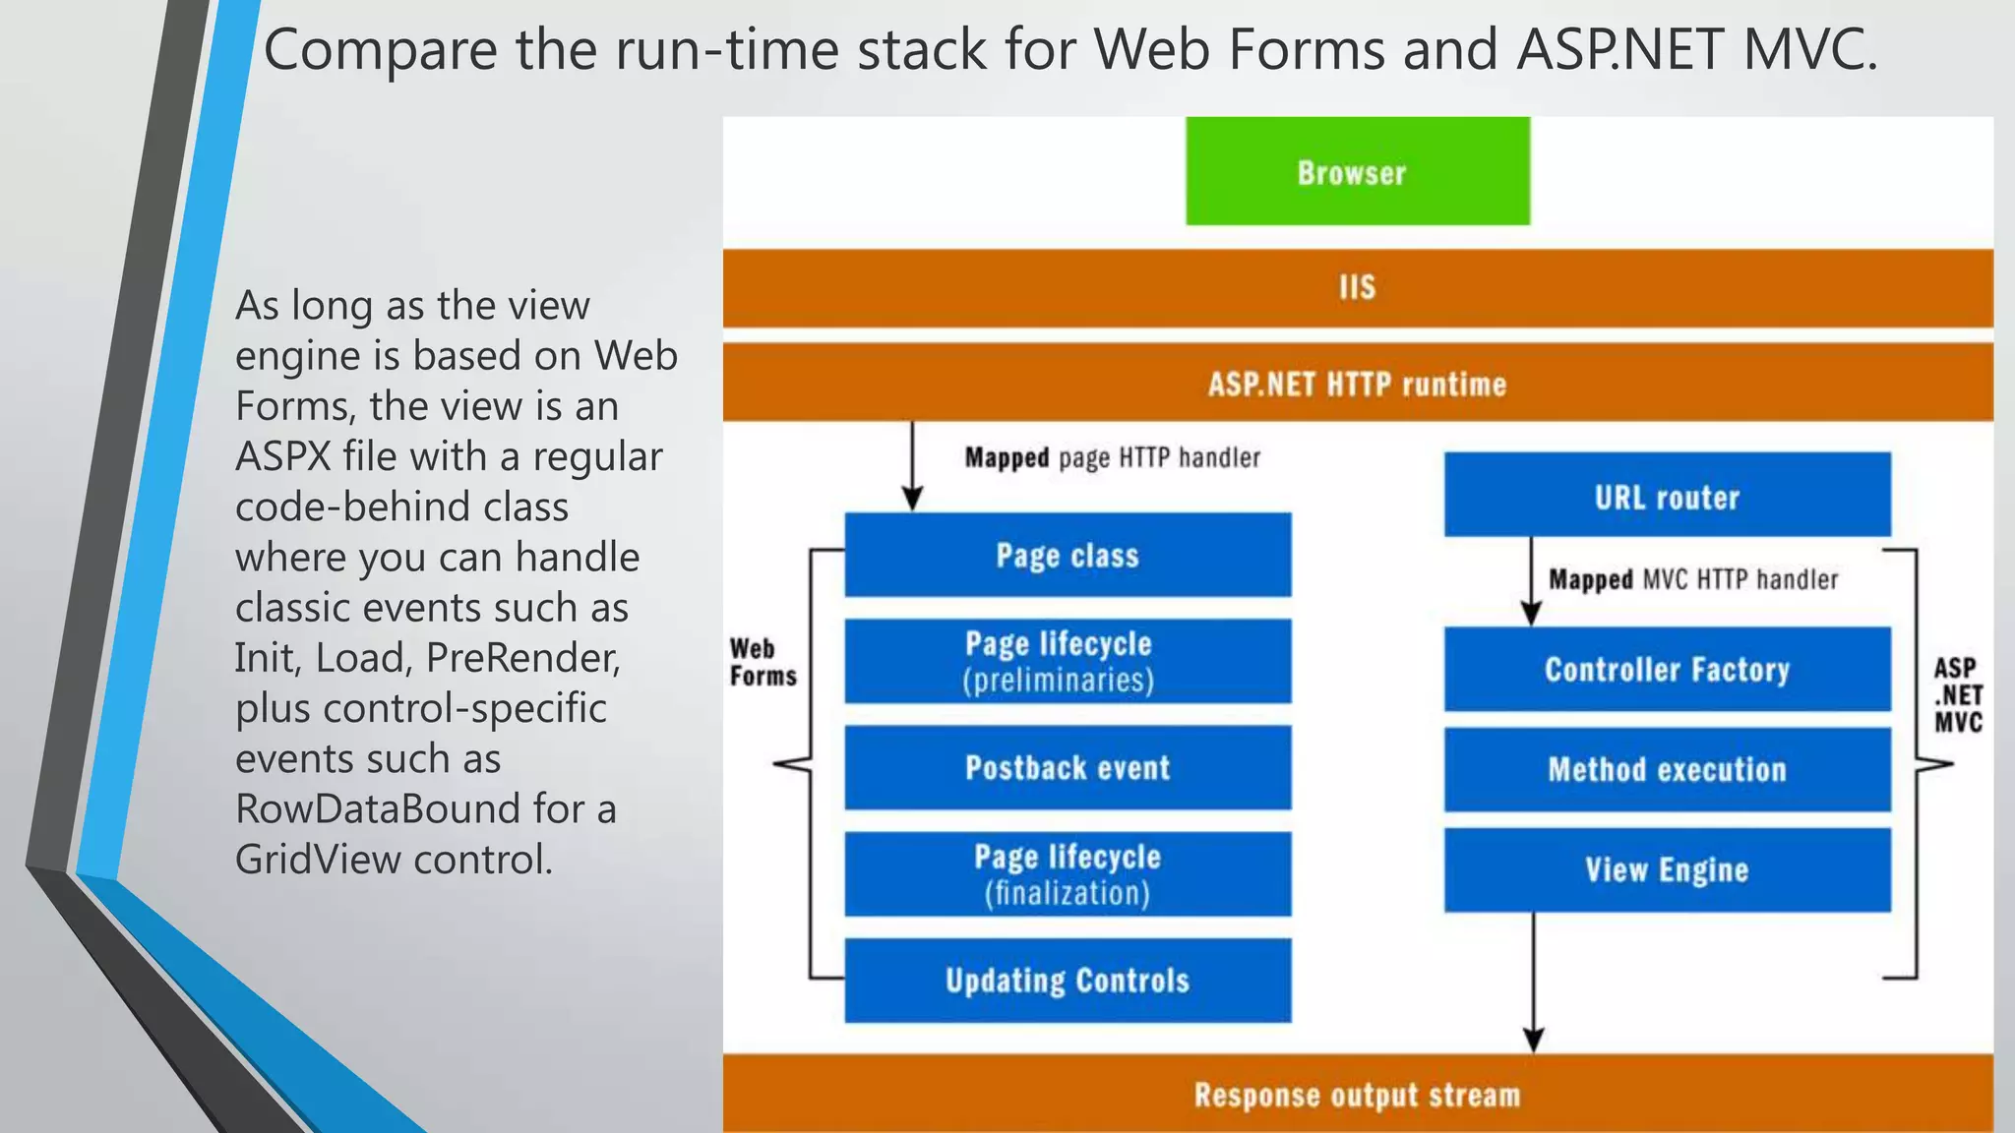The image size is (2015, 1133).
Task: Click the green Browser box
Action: [x=1357, y=171]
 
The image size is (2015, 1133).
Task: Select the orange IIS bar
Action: [x=1357, y=287]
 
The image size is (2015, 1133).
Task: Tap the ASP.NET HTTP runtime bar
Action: [x=1357, y=383]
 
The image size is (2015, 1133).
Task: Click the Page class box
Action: [x=1068, y=555]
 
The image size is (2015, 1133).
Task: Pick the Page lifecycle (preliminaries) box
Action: [x=1068, y=661]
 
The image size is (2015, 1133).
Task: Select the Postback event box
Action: [x=1068, y=767]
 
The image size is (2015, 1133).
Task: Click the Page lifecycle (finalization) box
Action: [x=1068, y=874]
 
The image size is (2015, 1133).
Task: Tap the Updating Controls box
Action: [x=1068, y=981]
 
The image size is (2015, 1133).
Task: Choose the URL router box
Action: [x=1667, y=495]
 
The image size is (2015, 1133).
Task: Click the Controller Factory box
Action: [x=1667, y=669]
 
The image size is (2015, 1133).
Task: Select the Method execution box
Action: [x=1667, y=769]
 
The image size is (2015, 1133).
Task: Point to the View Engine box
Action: [x=1667, y=869]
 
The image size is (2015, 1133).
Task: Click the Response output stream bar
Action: [x=1357, y=1094]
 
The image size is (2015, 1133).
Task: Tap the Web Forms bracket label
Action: [x=763, y=662]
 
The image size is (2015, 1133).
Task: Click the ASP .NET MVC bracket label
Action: [x=1957, y=694]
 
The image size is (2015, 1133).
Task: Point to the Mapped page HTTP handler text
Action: [x=1112, y=458]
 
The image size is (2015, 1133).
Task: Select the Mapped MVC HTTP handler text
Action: [x=1692, y=579]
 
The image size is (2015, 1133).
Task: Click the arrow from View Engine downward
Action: [x=1533, y=984]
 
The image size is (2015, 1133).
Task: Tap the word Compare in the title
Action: [x=380, y=49]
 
